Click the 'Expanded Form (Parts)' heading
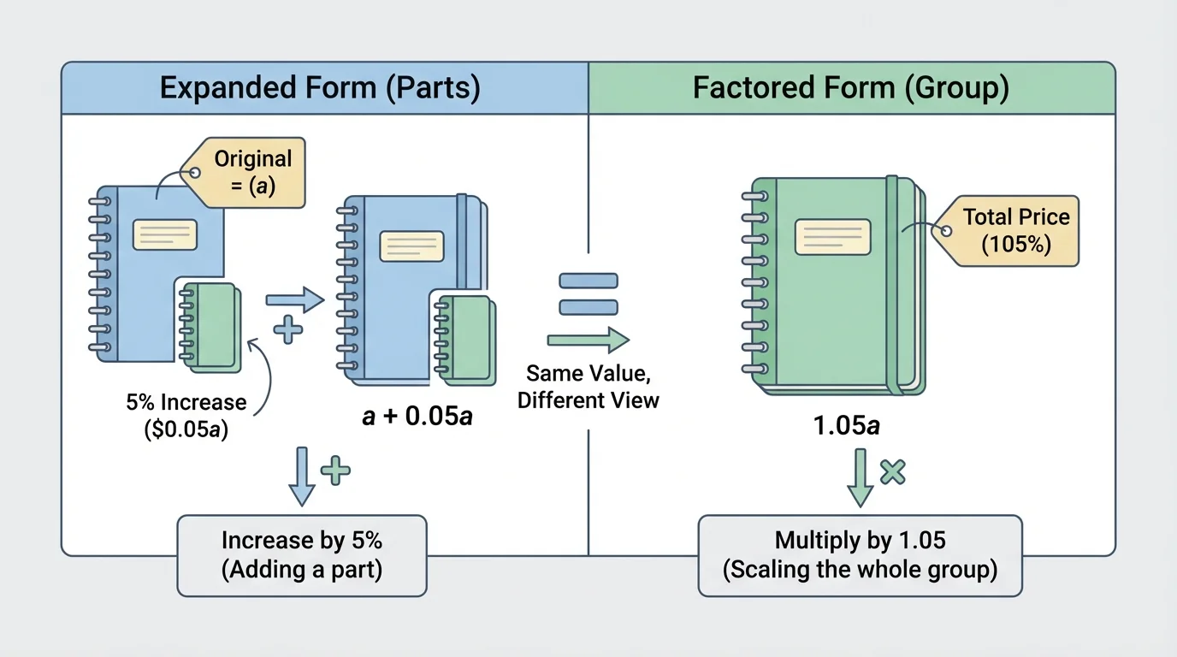(x=320, y=88)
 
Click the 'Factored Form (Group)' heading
(x=850, y=88)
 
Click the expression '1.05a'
(x=846, y=425)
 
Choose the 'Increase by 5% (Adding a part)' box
(x=301, y=554)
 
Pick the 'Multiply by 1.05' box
(x=860, y=554)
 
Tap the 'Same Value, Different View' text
(x=588, y=387)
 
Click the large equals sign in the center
(x=588, y=294)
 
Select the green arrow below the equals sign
(x=588, y=340)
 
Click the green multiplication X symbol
(x=892, y=472)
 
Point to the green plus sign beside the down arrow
(x=334, y=470)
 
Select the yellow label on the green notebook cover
(x=832, y=237)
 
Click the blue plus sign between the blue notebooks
(x=287, y=329)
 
